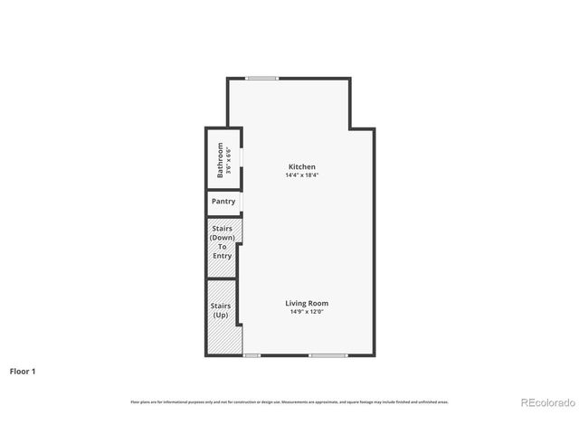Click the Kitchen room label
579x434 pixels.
tap(301, 167)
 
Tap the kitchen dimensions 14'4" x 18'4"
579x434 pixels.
tap(301, 175)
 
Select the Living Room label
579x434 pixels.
tap(307, 303)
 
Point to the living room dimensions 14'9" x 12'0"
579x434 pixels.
tap(307, 312)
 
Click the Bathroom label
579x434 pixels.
tap(220, 159)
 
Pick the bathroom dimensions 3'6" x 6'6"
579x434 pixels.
tap(228, 159)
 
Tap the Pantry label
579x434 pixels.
tap(223, 202)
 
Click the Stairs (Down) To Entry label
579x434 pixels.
tap(223, 242)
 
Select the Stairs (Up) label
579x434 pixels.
tap(222, 310)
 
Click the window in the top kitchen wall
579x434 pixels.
tap(262, 78)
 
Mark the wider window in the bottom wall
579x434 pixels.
tap(327, 355)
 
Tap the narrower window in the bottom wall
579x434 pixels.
tap(252, 355)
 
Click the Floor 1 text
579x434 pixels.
tap(23, 371)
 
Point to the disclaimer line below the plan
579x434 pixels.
tap(289, 401)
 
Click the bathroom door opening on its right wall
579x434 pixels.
tap(242, 159)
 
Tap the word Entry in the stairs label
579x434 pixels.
tap(223, 256)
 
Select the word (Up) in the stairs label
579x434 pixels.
tap(222, 315)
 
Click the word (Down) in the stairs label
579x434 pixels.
tap(223, 237)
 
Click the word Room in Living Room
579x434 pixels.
tap(318, 303)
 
